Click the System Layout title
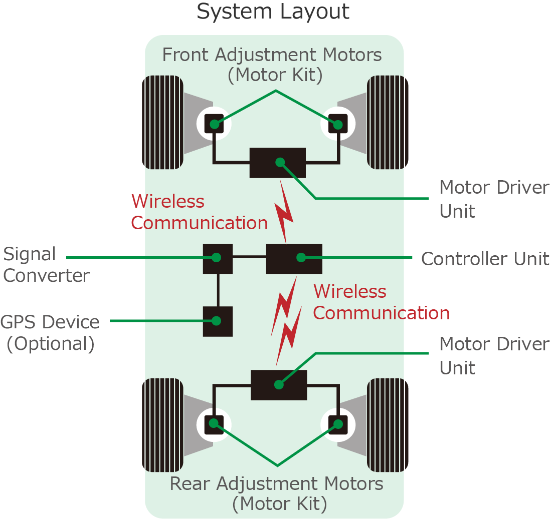pyautogui.click(x=273, y=11)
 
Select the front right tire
pyautogui.click(x=388, y=123)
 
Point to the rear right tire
pyautogui.click(x=388, y=425)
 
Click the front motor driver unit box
pyautogui.click(x=278, y=163)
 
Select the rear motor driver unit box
pyautogui.click(x=279, y=384)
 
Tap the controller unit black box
pyautogui.click(x=294, y=258)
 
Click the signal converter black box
pyautogui.click(x=217, y=258)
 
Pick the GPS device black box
pyautogui.click(x=217, y=321)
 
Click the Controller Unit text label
pyautogui.click(x=485, y=259)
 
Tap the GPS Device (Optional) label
pyautogui.click(x=50, y=333)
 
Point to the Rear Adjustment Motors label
pyautogui.click(x=277, y=493)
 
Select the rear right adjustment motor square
pyautogui.click(x=337, y=424)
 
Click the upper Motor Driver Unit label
pyautogui.click(x=494, y=199)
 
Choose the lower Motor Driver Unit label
pyautogui.click(x=494, y=355)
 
